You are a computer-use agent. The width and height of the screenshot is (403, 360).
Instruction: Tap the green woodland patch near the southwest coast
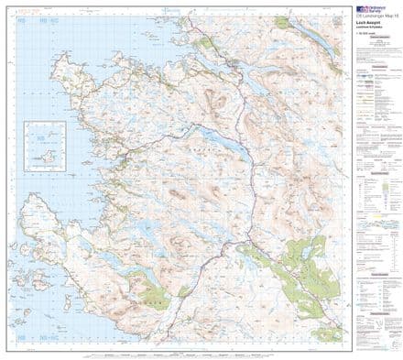tap(147, 294)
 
